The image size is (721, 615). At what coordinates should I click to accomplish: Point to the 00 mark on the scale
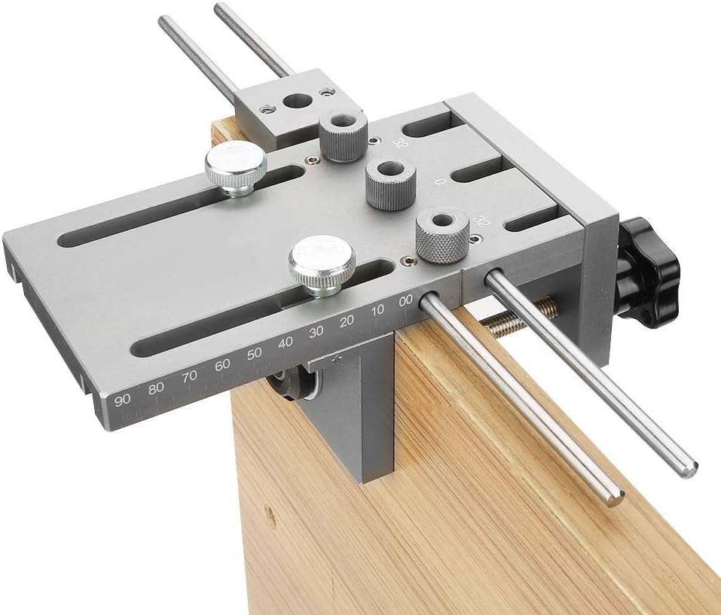click(405, 300)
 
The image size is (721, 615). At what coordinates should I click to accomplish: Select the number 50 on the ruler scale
click(254, 353)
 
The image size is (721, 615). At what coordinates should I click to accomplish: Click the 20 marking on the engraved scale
click(347, 321)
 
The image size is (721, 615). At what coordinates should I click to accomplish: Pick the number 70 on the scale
click(189, 376)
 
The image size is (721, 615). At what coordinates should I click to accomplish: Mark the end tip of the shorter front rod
click(614, 496)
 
